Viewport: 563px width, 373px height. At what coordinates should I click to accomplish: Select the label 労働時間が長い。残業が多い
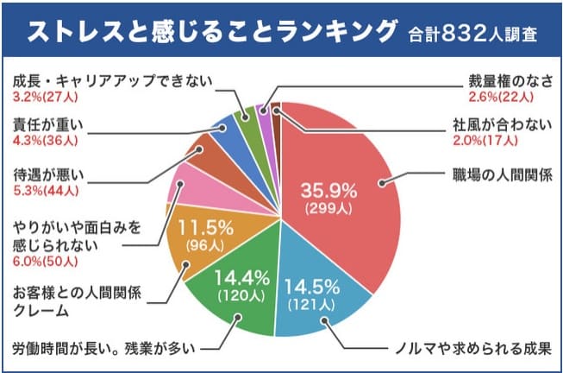click(103, 350)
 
